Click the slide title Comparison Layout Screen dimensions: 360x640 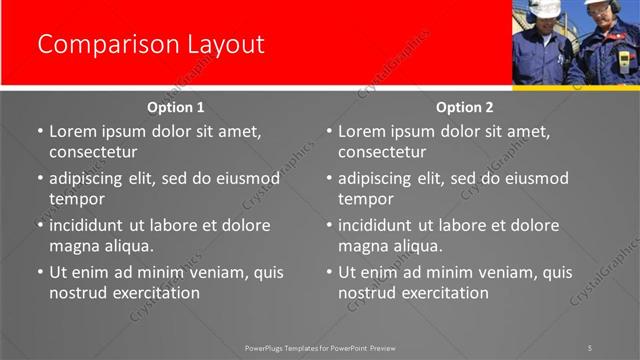(150, 45)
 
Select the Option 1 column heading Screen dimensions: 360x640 (176, 107)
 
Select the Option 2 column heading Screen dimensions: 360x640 (465, 107)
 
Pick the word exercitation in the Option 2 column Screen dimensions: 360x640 (442, 293)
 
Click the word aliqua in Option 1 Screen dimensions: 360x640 (128, 246)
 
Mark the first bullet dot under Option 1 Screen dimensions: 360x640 (40, 132)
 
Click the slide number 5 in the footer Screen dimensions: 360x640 (590, 347)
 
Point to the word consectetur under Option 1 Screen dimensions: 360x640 (93, 152)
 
